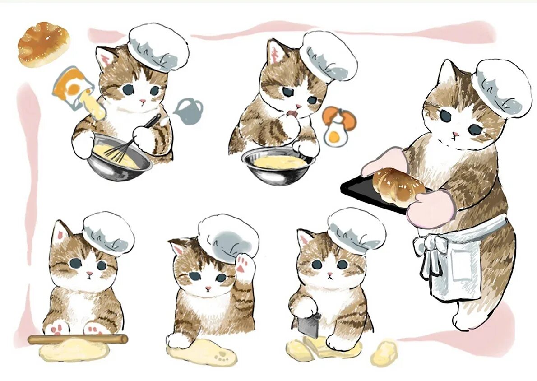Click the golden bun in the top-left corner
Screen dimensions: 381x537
tap(43, 44)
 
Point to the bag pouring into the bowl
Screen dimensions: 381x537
tap(72, 86)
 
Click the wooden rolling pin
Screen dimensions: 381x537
tap(77, 339)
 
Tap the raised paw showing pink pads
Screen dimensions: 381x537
tap(244, 267)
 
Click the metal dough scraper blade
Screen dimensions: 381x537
tap(311, 325)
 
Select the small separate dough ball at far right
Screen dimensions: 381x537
tap(384, 353)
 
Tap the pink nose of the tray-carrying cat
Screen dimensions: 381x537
tap(456, 134)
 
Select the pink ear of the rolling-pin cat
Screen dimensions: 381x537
tap(59, 233)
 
